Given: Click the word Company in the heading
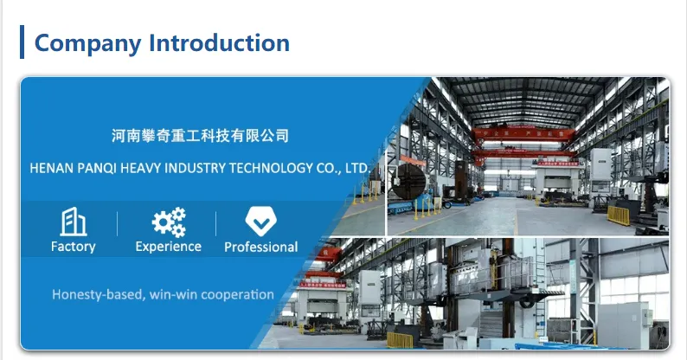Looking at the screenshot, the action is pos(87,44).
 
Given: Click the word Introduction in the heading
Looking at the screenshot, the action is pos(219,42).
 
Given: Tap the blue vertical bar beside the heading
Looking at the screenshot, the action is pos(22,42).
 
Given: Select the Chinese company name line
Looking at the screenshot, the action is pos(200,136).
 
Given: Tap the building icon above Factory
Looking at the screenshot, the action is pos(74,222).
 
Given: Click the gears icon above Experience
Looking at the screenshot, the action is pos(169,222).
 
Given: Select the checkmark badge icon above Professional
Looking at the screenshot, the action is pos(260,222).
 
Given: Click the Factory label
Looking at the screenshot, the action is pos(74,247).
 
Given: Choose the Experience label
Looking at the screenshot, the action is pos(168,247).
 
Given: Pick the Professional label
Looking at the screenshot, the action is pos(261,247).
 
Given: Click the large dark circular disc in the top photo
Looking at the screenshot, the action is pos(408,182).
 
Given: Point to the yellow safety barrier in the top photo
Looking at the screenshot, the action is pos(618,215).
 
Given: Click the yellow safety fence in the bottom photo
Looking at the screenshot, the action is pos(400,340).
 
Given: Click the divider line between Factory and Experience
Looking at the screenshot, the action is pos(117,224).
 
